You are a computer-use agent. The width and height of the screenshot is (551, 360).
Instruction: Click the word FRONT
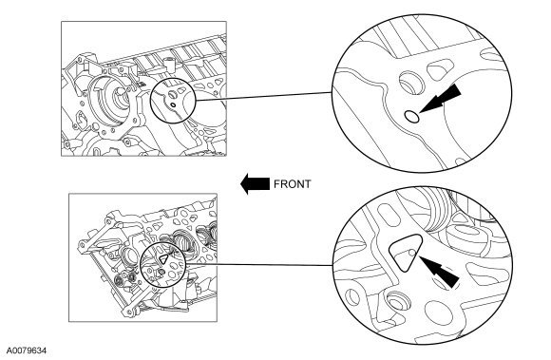pos(292,184)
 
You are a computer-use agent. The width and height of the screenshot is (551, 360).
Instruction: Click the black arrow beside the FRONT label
pos(255,183)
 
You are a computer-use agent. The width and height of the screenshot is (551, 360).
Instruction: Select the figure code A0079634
pos(27,351)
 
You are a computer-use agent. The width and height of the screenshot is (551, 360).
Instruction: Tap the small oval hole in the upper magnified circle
pos(412,116)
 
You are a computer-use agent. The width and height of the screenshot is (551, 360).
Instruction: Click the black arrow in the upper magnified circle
pos(440,99)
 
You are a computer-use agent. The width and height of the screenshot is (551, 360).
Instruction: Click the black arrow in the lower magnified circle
pos(439,271)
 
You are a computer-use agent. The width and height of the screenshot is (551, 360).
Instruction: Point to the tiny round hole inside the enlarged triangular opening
pos(412,253)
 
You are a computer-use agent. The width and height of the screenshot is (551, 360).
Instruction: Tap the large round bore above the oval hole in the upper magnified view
pos(412,83)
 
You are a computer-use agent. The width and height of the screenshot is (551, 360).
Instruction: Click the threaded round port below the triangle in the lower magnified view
pos(398,303)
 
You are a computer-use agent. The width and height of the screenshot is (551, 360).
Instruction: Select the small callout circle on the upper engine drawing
pos(173,100)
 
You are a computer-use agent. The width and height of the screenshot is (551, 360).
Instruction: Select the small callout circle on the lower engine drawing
pos(162,264)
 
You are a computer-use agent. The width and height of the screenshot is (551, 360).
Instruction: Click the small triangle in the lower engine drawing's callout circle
pos(163,259)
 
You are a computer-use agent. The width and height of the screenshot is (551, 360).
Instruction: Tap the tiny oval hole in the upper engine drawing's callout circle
pos(173,104)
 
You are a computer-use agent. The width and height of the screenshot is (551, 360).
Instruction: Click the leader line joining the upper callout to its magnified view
pos(263,96)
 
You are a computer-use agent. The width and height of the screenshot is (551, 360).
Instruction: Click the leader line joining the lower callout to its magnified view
pos(259,264)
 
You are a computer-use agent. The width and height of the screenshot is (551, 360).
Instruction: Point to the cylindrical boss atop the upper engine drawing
pos(170,63)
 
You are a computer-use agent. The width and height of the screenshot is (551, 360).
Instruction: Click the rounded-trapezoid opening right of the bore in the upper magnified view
pos(439,68)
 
